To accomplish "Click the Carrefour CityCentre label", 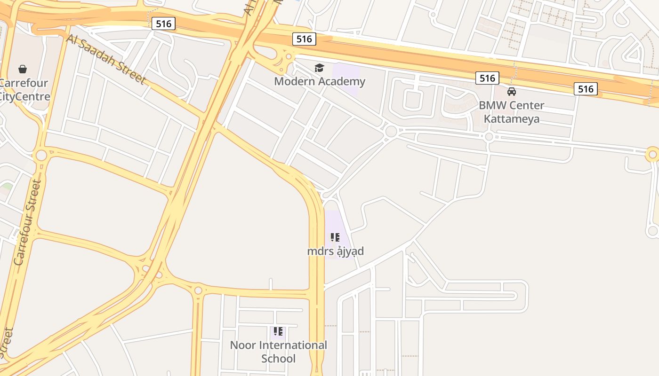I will [x=24, y=90].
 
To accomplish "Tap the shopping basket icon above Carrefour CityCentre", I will [x=22, y=70].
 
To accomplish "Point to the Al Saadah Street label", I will [x=106, y=59].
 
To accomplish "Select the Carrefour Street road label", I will [x=27, y=222].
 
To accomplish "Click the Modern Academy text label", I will [x=320, y=81].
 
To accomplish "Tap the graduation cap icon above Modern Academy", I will [x=320, y=68].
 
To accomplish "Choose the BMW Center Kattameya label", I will [x=511, y=112].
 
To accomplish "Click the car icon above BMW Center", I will [x=512, y=91].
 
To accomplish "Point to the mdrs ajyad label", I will [x=335, y=251].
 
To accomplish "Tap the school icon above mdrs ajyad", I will [x=335, y=237].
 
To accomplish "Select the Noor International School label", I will [x=278, y=352].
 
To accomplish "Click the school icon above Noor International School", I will [x=278, y=331].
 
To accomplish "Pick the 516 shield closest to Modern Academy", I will [x=304, y=39].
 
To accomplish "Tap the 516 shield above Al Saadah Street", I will [x=163, y=23].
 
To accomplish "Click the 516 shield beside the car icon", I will [x=487, y=78].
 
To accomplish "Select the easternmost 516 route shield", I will [x=586, y=88].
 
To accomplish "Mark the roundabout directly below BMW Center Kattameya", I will [x=489, y=137].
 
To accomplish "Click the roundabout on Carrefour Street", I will [x=41, y=155].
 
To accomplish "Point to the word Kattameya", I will [x=511, y=118].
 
